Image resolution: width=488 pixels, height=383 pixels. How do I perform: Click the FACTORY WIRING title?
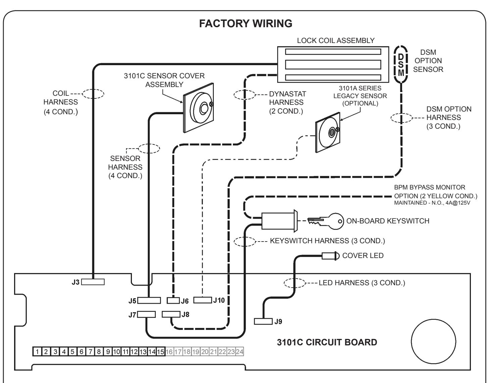pyautogui.click(x=245, y=24)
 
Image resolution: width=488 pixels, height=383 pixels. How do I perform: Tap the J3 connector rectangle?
pyautogui.click(x=93, y=282)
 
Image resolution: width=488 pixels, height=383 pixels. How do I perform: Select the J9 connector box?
pyautogui.click(x=263, y=321)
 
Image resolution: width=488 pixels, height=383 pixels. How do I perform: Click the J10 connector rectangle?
pyautogui.click(x=203, y=300)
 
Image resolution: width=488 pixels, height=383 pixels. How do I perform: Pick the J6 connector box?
pyautogui.click(x=173, y=300)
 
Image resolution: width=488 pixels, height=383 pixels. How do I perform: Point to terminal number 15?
pyautogui.click(x=160, y=351)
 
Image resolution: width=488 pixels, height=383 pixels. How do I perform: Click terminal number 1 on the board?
pyautogui.click(x=37, y=351)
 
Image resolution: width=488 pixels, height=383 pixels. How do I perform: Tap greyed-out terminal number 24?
pyautogui.click(x=239, y=351)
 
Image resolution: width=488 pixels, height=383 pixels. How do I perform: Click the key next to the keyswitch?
pyautogui.click(x=326, y=221)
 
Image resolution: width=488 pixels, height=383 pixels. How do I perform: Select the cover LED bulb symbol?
pyautogui.click(x=330, y=256)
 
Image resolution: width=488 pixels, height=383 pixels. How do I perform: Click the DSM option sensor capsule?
pyautogui.click(x=401, y=64)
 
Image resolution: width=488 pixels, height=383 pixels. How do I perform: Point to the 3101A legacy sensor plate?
pyautogui.click(x=328, y=132)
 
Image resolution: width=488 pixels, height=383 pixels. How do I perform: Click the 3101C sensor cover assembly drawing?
pyautogui.click(x=199, y=108)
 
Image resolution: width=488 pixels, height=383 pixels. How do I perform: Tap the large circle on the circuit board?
pyautogui.click(x=433, y=341)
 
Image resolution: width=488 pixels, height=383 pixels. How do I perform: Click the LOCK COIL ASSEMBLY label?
pyautogui.click(x=336, y=40)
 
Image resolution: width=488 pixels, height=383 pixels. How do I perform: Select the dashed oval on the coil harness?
pyautogui.click(x=93, y=94)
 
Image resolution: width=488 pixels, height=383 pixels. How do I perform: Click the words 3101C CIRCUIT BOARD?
pyautogui.click(x=327, y=342)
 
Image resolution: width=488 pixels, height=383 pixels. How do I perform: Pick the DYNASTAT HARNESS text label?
pyautogui.click(x=287, y=98)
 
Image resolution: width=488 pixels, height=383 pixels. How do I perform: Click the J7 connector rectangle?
pyautogui.click(x=146, y=314)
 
